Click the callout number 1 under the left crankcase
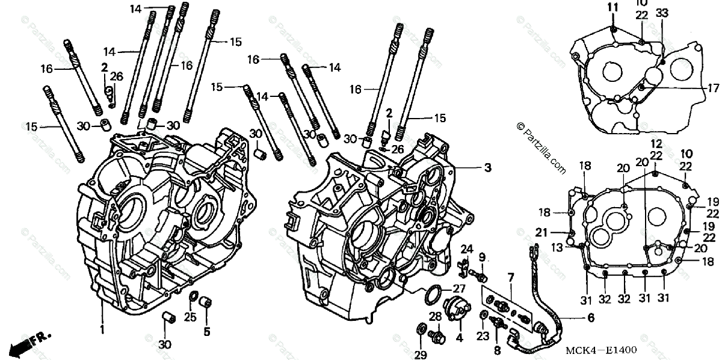[x=102, y=330]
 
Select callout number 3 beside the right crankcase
[x=488, y=168]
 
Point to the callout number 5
[x=207, y=331]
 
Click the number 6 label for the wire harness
[x=590, y=317]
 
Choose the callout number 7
[x=511, y=278]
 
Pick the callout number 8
[x=497, y=349]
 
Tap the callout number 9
[x=482, y=258]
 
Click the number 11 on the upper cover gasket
[x=612, y=8]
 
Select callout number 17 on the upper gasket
[x=713, y=88]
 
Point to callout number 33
[x=662, y=13]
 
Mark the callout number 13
[x=558, y=246]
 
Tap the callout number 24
[x=467, y=249]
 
